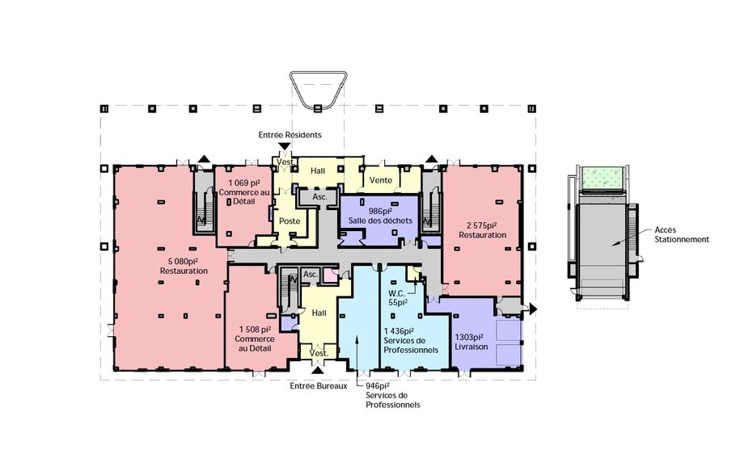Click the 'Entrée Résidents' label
[x=290, y=135]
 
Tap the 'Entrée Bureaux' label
[x=319, y=386]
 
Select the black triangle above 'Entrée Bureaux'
[x=318, y=371]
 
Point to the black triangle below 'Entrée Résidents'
[x=285, y=146]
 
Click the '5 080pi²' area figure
[x=184, y=261]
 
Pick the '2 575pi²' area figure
[x=482, y=225]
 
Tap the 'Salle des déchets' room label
[x=380, y=221]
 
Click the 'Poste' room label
[x=290, y=221]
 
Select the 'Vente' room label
[x=381, y=180]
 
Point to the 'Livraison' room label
[x=472, y=347]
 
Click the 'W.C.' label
[x=396, y=293]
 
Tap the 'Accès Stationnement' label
[x=682, y=234]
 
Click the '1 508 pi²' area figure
[x=255, y=330]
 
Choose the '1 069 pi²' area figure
[x=244, y=183]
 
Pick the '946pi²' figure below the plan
[x=378, y=386]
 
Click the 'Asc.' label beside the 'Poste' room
[x=319, y=197]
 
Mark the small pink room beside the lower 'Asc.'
[x=331, y=275]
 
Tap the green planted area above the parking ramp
[x=603, y=177]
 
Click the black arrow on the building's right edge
[x=533, y=309]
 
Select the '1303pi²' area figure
[x=469, y=337]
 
